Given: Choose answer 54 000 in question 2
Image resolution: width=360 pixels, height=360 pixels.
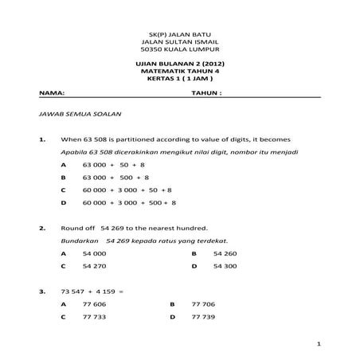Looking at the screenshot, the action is click(93, 254).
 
